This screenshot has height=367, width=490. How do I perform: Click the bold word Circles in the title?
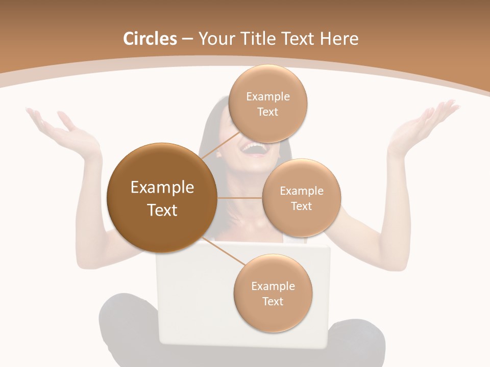click(150, 39)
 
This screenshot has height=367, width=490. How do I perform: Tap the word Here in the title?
click(339, 39)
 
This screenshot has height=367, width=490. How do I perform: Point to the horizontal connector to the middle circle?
click(239, 198)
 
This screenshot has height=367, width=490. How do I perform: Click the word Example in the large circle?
click(162, 188)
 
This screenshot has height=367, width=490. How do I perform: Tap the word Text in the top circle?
click(267, 112)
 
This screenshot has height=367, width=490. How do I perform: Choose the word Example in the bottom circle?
click(273, 286)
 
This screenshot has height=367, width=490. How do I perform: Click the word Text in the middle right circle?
click(301, 206)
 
